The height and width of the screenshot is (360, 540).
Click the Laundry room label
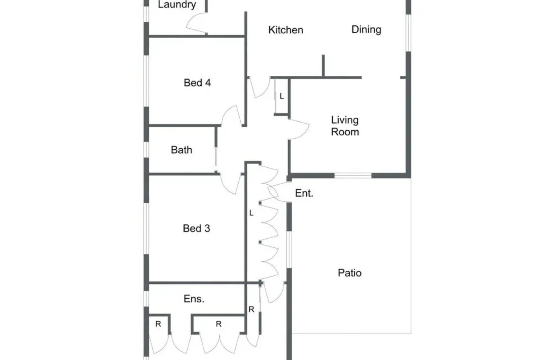(x=177, y=4)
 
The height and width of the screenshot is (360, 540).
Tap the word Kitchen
(x=286, y=30)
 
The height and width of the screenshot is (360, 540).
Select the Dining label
(x=366, y=30)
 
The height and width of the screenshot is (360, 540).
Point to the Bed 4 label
(x=197, y=83)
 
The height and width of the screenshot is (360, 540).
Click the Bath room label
(x=181, y=150)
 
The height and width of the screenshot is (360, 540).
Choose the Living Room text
(x=345, y=126)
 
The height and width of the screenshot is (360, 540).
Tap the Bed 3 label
(x=196, y=228)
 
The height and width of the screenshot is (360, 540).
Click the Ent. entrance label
(x=304, y=193)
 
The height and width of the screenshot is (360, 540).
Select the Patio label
(x=350, y=273)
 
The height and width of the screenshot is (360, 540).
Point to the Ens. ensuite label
(x=194, y=299)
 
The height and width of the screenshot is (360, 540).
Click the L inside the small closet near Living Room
(x=282, y=97)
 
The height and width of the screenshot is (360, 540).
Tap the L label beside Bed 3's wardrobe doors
(x=252, y=213)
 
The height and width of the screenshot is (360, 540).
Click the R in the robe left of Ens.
(x=158, y=324)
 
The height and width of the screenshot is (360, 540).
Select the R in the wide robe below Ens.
(x=219, y=324)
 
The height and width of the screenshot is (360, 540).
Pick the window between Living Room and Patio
(x=353, y=176)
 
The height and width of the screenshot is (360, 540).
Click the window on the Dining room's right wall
(x=408, y=33)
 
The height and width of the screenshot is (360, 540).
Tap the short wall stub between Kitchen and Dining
(x=323, y=66)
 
